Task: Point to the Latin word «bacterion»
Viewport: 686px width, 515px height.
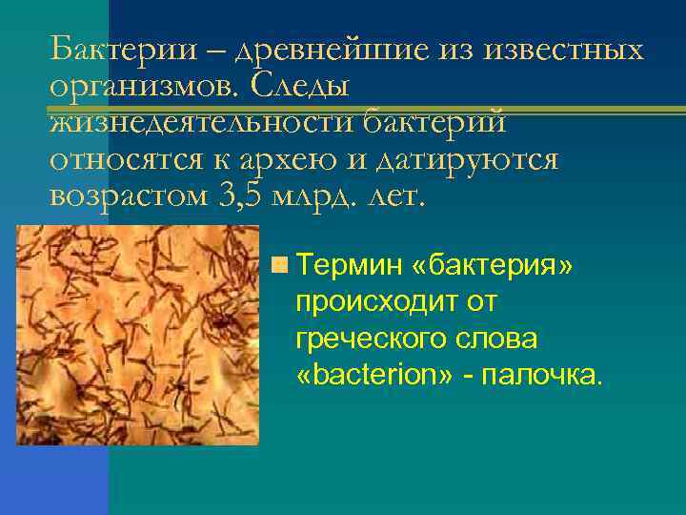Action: [376, 375]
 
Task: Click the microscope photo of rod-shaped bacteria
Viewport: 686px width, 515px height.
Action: [138, 334]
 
